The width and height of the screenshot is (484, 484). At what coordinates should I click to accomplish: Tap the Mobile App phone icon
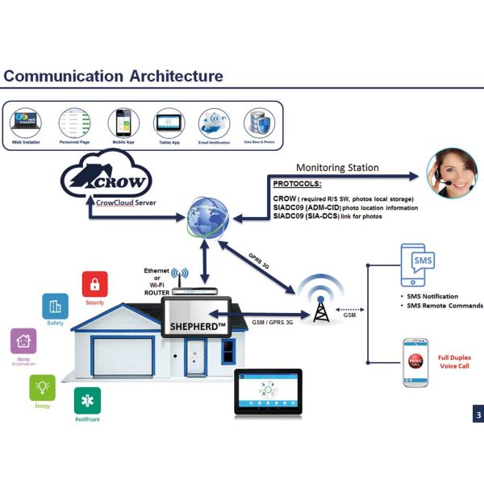[x=120, y=123]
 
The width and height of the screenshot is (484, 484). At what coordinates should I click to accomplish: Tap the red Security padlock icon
[x=95, y=284]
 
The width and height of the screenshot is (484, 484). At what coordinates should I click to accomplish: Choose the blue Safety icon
[x=55, y=307]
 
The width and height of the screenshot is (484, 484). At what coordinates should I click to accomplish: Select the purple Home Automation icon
[x=23, y=341]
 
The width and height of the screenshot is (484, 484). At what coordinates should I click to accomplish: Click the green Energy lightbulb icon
[x=43, y=387]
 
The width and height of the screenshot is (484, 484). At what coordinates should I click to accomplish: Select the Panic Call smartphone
[x=414, y=362]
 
